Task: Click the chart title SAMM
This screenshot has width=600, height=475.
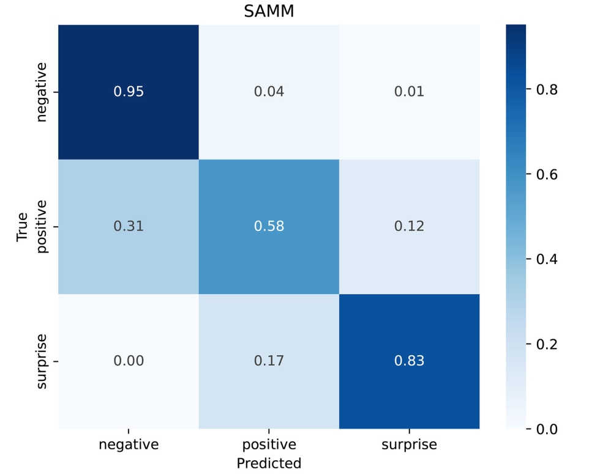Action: coord(269,12)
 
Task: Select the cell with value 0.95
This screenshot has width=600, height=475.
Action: coord(129,92)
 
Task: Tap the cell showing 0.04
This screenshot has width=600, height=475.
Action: coord(269,92)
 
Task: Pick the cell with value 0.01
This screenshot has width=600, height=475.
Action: coord(409,92)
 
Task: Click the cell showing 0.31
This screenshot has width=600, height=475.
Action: coord(129,226)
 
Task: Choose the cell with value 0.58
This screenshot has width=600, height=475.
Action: coord(269,226)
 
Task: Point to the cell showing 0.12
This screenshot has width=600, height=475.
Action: coord(409,226)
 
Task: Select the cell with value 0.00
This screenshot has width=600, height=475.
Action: coord(129,361)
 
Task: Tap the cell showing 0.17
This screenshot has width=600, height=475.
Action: coord(269,361)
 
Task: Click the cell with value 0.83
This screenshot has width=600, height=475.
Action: coord(409,361)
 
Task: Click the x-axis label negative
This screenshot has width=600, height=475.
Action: coord(129,444)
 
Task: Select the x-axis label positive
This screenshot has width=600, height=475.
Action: coord(269,444)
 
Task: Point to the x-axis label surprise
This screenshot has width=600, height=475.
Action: coord(409,444)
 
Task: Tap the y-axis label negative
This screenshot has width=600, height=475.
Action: coord(42,92)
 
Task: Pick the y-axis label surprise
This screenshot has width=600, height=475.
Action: coord(42,361)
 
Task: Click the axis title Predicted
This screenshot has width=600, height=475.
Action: coord(269,462)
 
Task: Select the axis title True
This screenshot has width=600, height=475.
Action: coord(23,227)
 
